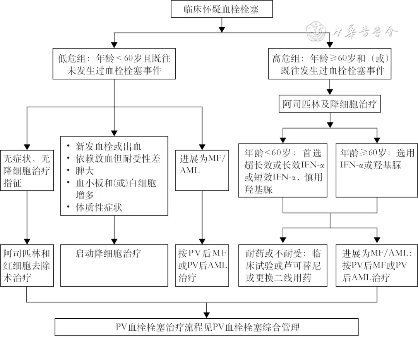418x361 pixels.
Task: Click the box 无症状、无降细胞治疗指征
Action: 27,171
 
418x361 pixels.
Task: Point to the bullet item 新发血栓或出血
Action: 108,147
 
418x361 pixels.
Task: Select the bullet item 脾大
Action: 85,171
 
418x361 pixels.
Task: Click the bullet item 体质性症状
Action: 99,207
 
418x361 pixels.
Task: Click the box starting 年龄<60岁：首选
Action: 283,171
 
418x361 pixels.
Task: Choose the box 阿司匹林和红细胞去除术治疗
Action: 27,266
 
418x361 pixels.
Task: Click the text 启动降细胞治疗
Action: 108,254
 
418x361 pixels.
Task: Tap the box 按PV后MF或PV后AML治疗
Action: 202,266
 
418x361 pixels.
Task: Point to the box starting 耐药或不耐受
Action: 283,266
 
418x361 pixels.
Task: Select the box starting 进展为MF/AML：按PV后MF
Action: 377,266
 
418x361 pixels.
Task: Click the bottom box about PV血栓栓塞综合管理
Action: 207,327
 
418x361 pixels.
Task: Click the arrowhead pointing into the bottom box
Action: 207,315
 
